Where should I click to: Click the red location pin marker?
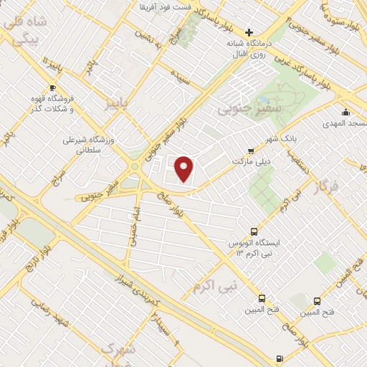pos(185,168)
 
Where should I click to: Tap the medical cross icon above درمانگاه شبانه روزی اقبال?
pos(249,32)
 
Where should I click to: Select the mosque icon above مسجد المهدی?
pos(345,112)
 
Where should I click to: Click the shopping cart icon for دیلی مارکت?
pos(250,151)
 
